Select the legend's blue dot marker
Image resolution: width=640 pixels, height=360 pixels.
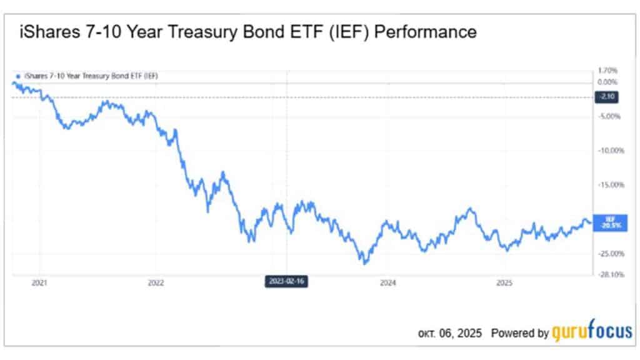pyautogui.click(x=17, y=76)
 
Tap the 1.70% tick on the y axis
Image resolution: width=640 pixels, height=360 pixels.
pyautogui.click(x=608, y=71)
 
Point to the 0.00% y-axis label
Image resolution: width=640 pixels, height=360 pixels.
pyautogui.click(x=608, y=82)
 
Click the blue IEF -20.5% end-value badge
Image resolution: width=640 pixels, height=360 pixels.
pyautogui.click(x=606, y=222)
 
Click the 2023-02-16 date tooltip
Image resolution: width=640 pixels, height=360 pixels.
pyautogui.click(x=286, y=281)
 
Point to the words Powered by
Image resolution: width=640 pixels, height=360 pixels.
pyautogui.click(x=520, y=334)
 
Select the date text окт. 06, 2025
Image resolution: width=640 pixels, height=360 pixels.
pyautogui.click(x=450, y=334)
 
